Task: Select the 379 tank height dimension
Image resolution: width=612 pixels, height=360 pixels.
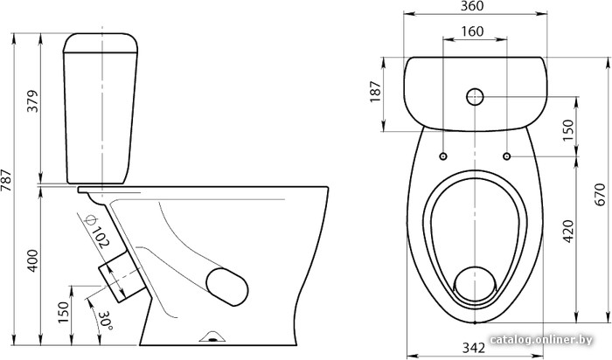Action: pos(33,101)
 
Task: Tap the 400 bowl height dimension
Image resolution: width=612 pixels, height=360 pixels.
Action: pos(33,260)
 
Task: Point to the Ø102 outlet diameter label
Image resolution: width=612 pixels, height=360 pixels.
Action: pos(96,232)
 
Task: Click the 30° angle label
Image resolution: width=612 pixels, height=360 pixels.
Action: pos(106,321)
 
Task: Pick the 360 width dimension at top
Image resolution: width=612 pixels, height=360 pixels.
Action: pos(472,6)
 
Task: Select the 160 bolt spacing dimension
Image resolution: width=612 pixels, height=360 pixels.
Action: pos(472,31)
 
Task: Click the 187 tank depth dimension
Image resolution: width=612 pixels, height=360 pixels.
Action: pos(375,92)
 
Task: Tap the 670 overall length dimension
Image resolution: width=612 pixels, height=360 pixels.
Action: pos(601,195)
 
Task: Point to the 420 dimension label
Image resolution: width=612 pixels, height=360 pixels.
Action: pos(569,232)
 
